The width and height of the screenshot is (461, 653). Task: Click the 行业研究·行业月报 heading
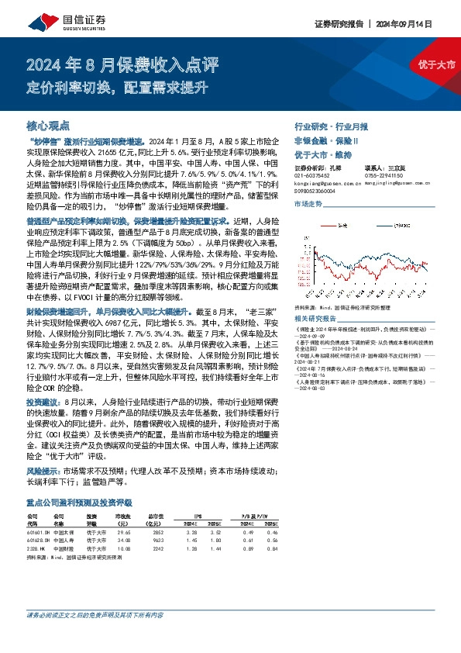pos(331,126)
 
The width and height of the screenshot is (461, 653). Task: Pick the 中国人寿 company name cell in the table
pos(67,540)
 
